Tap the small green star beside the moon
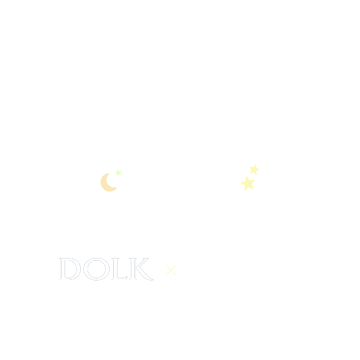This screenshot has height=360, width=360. (118, 173)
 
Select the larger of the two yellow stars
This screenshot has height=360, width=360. (248, 183)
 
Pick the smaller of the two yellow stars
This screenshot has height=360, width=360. (254, 169)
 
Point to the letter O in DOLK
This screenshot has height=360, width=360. (85, 269)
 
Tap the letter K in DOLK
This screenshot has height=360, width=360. (133, 269)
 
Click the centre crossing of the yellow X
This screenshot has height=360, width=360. (171, 270)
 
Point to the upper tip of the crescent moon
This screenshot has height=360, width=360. (108, 174)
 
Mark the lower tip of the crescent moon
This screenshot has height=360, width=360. (116, 188)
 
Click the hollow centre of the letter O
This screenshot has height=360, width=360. (97, 269)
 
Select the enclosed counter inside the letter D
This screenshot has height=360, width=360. (71, 269)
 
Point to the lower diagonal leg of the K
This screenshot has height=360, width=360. (145, 273)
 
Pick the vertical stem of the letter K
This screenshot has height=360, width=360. (133, 269)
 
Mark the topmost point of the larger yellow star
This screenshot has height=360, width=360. (247, 176)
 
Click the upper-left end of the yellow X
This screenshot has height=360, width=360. (166, 265)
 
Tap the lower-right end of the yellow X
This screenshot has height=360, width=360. (176, 275)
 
